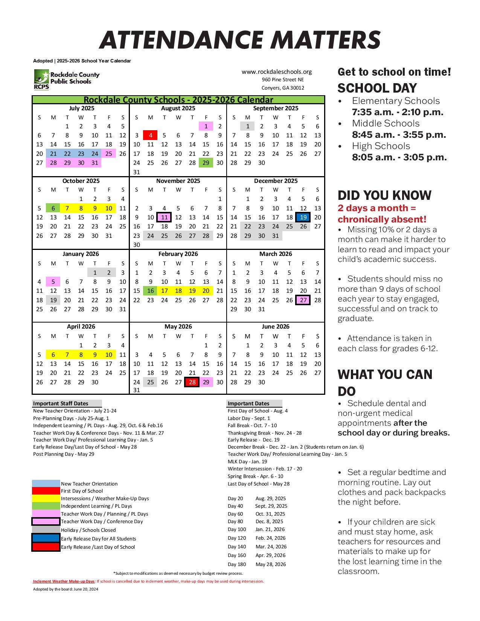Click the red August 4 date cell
coord(151,135)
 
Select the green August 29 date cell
coord(206,163)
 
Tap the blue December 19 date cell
coord(303,217)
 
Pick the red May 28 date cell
coord(192,382)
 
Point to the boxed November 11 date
coord(164,217)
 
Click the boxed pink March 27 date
coord(303,300)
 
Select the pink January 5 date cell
coord(53,282)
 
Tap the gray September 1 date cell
coord(247,126)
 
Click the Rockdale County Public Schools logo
coord(67,79)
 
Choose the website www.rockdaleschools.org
coord(276,72)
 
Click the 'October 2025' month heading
coord(81,181)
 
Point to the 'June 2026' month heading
coord(276,327)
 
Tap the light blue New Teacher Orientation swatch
coord(46,484)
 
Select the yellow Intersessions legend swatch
coord(46,498)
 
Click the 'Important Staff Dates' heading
coord(61,403)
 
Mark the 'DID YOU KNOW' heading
coord(384,195)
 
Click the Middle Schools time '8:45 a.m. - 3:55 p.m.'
coord(399,135)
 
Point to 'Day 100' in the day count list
coord(237,530)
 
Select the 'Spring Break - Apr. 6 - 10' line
coord(255,476)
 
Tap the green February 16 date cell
coord(151,291)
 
